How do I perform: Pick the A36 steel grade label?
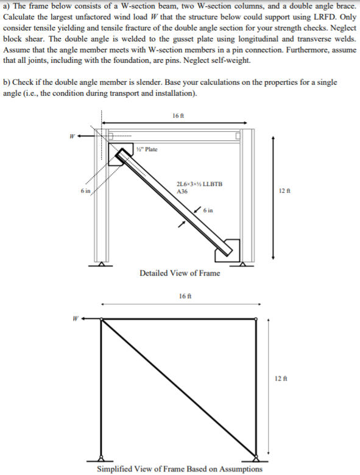coord(182,191)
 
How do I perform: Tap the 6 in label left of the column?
coord(85,191)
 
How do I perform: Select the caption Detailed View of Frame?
coord(180,273)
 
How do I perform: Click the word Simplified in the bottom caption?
coord(118,469)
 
